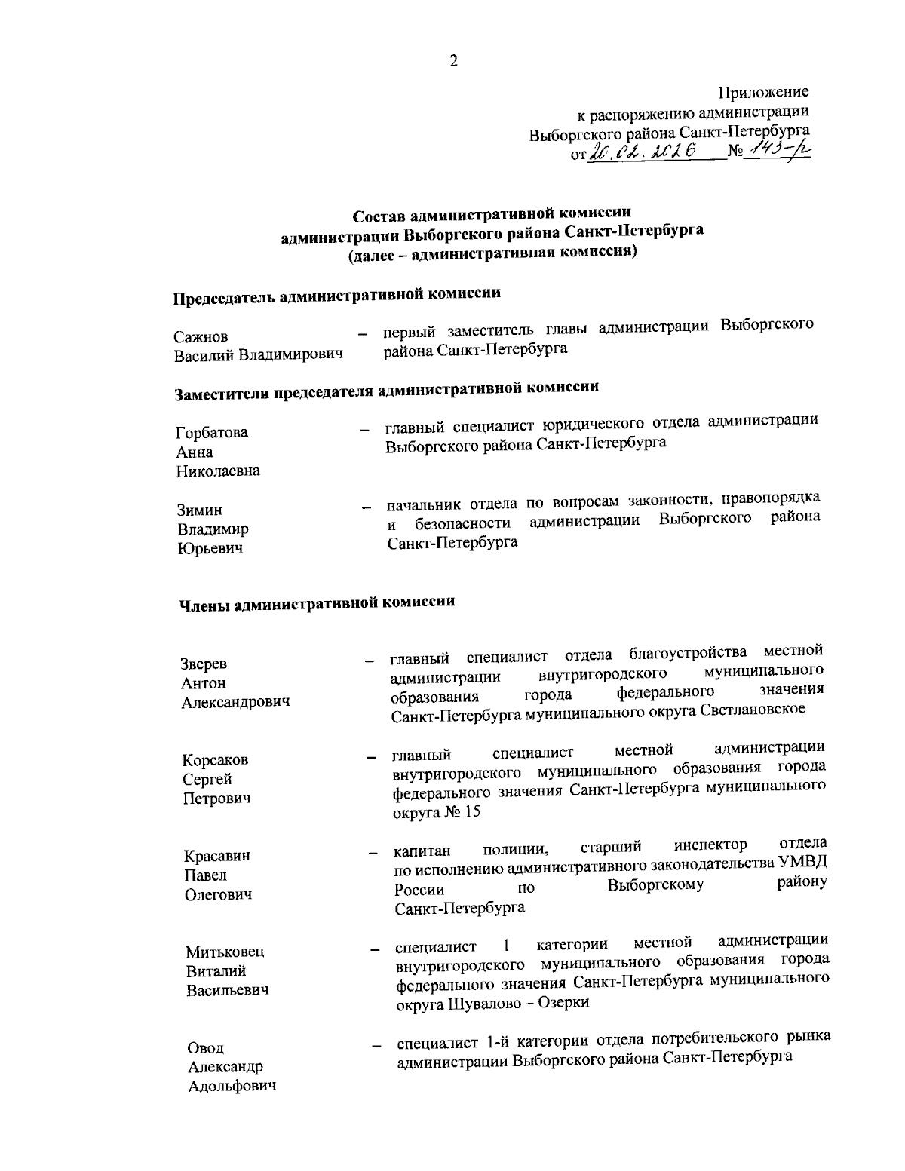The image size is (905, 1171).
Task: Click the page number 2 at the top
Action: [453, 61]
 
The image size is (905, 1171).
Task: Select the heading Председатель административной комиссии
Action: [337, 295]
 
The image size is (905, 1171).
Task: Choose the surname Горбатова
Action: [212, 433]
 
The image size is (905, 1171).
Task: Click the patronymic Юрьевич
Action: [210, 549]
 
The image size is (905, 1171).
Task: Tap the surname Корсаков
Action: [216, 760]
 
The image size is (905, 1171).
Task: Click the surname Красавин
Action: [218, 856]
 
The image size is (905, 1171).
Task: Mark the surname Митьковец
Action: [225, 952]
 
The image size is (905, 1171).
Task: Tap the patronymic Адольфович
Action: [232, 1087]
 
